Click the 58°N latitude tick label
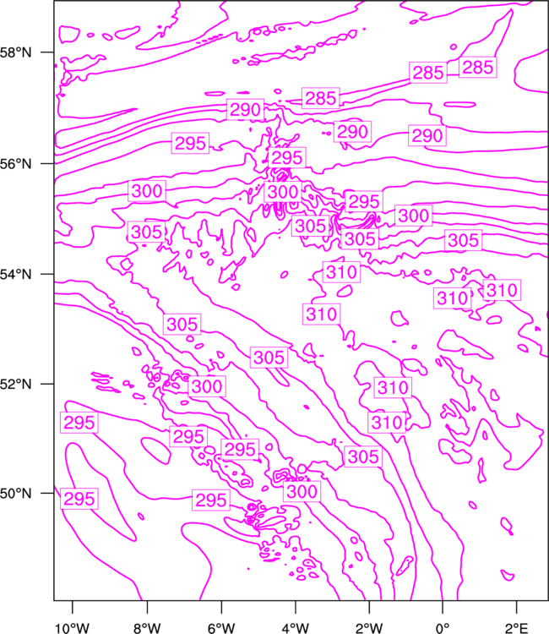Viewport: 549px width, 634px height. [15, 52]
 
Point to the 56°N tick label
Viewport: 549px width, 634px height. [15, 164]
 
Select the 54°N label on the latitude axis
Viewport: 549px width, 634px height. [15, 275]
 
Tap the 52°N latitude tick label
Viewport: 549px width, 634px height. [15, 384]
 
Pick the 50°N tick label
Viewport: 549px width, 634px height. [15, 494]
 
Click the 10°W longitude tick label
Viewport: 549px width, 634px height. [72, 628]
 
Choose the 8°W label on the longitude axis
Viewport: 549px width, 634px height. [147, 628]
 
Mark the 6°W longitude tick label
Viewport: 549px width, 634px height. [221, 628]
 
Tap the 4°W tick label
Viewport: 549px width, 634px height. [296, 628]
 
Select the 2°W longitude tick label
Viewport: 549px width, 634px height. [369, 628]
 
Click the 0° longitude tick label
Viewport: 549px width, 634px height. [443, 628]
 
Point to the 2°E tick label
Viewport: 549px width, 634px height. [517, 628]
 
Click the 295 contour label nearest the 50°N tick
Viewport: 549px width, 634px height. [79, 499]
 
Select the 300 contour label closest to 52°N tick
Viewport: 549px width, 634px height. [207, 386]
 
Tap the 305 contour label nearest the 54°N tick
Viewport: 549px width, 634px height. [146, 232]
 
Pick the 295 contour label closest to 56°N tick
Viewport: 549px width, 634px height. [190, 143]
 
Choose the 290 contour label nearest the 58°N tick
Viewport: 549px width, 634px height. [245, 109]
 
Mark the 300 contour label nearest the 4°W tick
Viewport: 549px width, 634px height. [302, 491]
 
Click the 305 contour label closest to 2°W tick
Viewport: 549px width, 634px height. [363, 456]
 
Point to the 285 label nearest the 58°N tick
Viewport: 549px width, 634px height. [321, 98]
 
